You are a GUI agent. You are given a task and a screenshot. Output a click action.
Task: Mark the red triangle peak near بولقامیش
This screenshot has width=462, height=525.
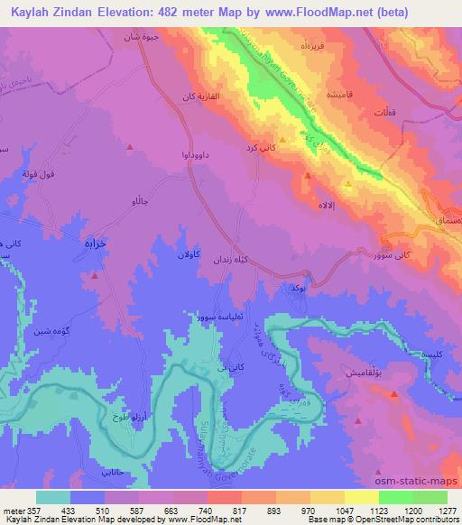(x=393, y=394)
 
